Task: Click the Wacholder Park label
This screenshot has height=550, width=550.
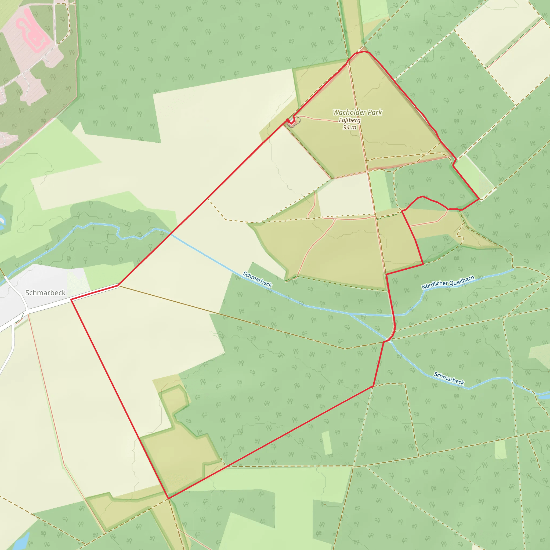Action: pos(357,113)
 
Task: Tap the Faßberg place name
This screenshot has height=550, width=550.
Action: pos(350,120)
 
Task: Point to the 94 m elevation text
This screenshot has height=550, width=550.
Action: pos(350,127)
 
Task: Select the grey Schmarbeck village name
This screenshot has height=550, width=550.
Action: pos(45,293)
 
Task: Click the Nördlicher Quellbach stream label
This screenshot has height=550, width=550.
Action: pos(448,282)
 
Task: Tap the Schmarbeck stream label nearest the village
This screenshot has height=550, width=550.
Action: pos(257,279)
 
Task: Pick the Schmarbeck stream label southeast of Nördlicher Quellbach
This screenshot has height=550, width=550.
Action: pos(449,378)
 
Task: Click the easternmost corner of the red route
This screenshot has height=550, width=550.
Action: pos(480,199)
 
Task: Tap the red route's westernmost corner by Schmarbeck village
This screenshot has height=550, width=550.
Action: pos(71,299)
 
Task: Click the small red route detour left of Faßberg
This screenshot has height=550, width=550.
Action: pos(291,122)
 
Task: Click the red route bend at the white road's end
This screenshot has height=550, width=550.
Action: pos(118,285)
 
